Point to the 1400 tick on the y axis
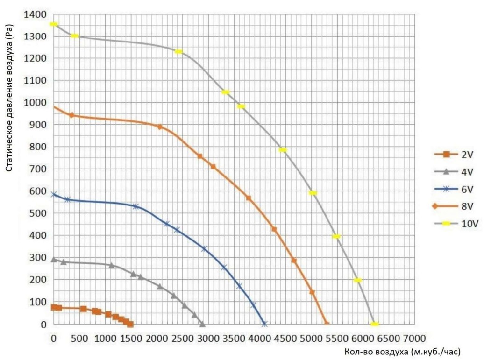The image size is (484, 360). click(x=36, y=15)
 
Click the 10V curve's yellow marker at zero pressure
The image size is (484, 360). click(x=374, y=324)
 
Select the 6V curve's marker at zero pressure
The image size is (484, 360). click(x=264, y=324)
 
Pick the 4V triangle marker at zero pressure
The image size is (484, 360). click(x=202, y=324)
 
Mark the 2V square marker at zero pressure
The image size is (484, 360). click(x=130, y=324)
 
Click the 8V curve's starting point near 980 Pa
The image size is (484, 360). click(x=54, y=107)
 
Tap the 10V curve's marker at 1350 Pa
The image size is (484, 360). click(x=54, y=24)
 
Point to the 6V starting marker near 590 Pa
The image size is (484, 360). click(x=54, y=194)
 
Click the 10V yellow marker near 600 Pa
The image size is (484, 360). click(x=313, y=193)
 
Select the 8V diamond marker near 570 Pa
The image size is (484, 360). click(x=249, y=198)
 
